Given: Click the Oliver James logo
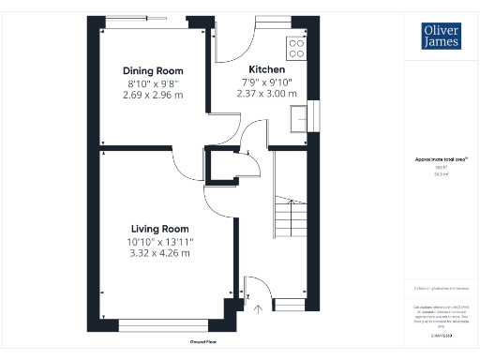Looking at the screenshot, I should pyautogui.click(x=440, y=37).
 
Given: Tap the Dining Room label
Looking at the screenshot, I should pyautogui.click(x=154, y=71).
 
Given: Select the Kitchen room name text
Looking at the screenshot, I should pyautogui.click(x=266, y=70).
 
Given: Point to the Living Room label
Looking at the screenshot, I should pyautogui.click(x=159, y=229).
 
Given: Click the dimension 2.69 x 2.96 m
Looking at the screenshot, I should pyautogui.click(x=154, y=94).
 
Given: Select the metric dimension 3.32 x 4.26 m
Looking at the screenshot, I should pyautogui.click(x=159, y=252).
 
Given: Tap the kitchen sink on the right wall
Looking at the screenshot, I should pyautogui.click(x=301, y=119).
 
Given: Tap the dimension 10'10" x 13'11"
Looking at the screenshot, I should pyautogui.click(x=159, y=241).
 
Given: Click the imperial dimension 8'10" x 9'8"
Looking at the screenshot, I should pyautogui.click(x=154, y=82).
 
